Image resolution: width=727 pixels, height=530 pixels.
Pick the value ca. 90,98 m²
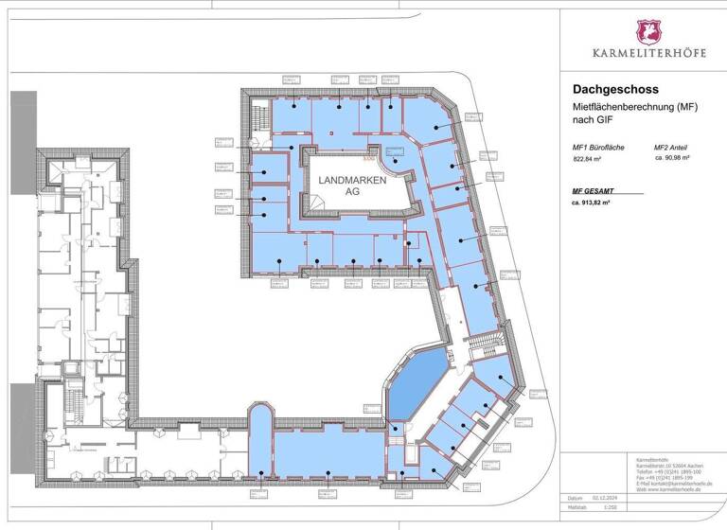(x=677, y=160)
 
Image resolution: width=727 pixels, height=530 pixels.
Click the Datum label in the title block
(x=575, y=498)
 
